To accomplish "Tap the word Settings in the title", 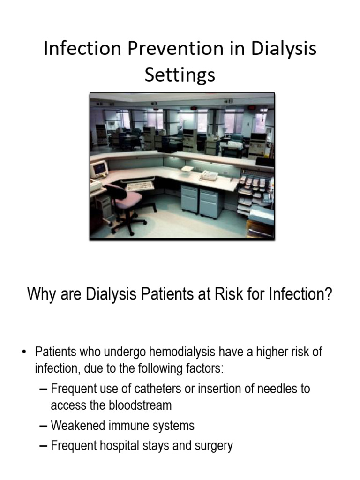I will (x=180, y=75).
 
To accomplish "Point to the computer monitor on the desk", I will (x=99, y=169).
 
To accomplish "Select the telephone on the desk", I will (x=209, y=175).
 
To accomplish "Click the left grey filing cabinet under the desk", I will (x=189, y=199).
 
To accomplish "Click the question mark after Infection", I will (x=328, y=295).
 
